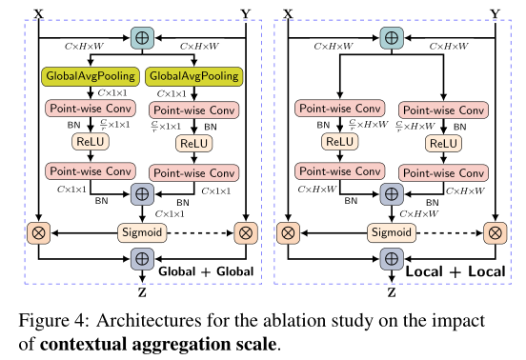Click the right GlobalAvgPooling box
click(x=193, y=74)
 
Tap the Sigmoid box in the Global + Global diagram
click(x=142, y=231)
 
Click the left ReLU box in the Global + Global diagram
click(x=93, y=141)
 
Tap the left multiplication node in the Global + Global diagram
click(x=39, y=231)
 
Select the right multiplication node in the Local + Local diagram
click(x=494, y=231)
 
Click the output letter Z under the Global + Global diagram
click(x=142, y=283)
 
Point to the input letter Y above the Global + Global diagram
click(x=246, y=12)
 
